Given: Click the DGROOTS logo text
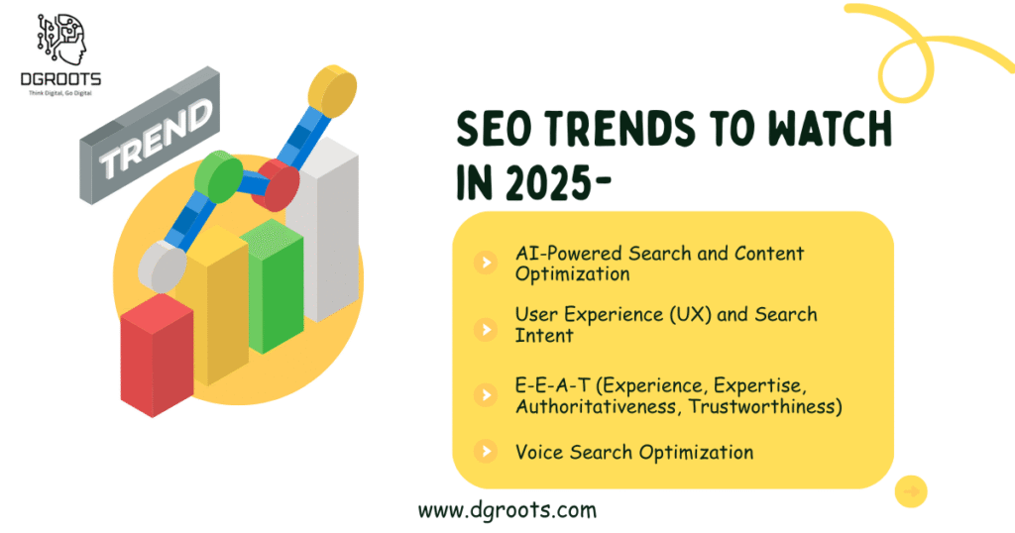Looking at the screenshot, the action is (x=60, y=79).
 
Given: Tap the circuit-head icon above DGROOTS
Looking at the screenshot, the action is (x=61, y=40).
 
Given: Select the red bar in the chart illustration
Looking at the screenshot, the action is (x=158, y=355).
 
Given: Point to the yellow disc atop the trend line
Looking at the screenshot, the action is (x=332, y=90).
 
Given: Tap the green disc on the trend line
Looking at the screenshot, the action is (x=219, y=176).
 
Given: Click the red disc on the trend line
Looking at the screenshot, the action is (x=276, y=185).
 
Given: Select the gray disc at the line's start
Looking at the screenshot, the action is (x=163, y=266).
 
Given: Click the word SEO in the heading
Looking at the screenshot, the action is (x=496, y=129).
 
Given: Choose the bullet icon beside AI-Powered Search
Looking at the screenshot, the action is (x=486, y=263).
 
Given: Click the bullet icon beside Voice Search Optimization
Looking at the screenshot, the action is (x=486, y=452).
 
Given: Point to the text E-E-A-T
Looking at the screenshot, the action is (x=552, y=385).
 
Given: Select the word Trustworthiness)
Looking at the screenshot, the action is (x=765, y=407).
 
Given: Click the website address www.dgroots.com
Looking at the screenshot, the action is (x=507, y=510).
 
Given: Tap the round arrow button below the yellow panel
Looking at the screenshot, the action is (x=911, y=492).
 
